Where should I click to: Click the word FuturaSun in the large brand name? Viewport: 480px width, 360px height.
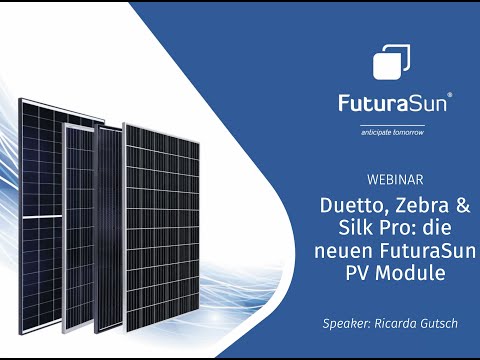(x=392, y=104)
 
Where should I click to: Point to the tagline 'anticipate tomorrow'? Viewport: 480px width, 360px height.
(x=393, y=131)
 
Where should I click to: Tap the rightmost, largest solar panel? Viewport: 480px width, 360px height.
(x=172, y=225)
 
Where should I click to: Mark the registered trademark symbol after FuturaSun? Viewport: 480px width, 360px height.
(x=450, y=96)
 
